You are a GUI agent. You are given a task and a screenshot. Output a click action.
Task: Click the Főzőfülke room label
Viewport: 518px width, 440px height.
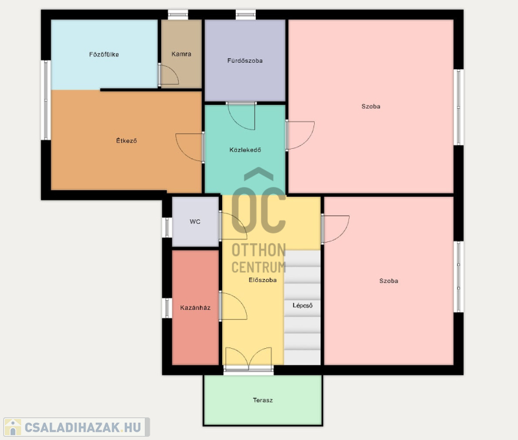point(104,54)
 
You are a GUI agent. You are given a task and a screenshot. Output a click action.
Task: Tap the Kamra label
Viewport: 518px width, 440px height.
point(181,54)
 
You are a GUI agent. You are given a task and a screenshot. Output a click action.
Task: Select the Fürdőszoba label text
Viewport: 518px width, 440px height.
point(245,60)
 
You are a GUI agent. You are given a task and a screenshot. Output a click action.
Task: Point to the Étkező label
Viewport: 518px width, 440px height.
point(126,140)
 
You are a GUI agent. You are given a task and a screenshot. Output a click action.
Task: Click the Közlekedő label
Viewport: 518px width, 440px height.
point(245,150)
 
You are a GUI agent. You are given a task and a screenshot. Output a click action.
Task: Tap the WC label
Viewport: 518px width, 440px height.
point(195,221)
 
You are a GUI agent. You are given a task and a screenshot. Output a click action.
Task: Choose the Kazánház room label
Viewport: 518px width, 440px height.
point(196,307)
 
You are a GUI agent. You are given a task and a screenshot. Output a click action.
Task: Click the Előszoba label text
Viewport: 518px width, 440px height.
point(263,280)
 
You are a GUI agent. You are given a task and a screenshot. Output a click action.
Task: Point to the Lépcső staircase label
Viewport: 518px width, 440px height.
point(302,305)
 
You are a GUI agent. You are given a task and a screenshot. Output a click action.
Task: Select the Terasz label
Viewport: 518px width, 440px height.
point(263,400)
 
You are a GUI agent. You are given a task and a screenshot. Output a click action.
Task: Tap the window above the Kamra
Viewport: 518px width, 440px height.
point(177,14)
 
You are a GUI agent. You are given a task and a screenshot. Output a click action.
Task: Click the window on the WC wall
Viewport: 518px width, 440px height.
point(167,227)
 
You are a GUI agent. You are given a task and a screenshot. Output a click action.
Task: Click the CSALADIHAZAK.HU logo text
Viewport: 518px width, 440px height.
point(83,428)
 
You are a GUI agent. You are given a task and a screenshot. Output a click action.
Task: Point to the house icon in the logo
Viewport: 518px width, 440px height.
point(13,427)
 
